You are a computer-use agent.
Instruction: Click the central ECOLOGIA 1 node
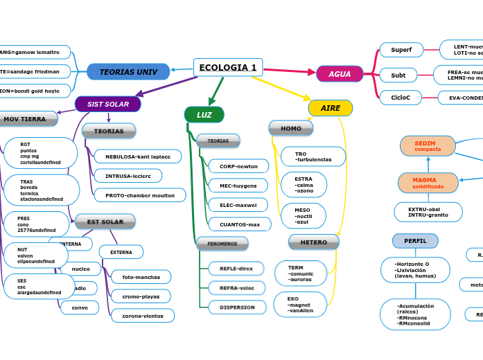point(228,68)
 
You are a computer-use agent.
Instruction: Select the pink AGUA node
point(340,74)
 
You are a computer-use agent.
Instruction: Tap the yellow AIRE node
point(330,108)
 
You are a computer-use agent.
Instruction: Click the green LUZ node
point(204,115)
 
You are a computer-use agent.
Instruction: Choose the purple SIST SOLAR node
point(107,104)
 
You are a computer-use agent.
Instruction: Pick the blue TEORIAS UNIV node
point(128,71)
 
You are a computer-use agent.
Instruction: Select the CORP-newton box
point(238,166)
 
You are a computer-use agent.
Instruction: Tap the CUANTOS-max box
point(240,224)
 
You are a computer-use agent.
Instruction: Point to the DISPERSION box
point(237,307)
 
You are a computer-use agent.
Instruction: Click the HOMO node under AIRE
point(291,128)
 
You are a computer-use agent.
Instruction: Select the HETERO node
point(313,242)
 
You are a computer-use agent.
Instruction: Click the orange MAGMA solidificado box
point(428,183)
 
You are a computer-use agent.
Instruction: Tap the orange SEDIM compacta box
point(428,146)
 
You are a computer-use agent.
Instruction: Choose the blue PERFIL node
point(415,241)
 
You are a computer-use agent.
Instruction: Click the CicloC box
point(401,98)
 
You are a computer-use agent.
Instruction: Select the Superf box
point(401,50)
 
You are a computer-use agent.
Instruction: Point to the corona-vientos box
point(142,316)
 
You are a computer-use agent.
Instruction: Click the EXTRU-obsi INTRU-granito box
point(428,212)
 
